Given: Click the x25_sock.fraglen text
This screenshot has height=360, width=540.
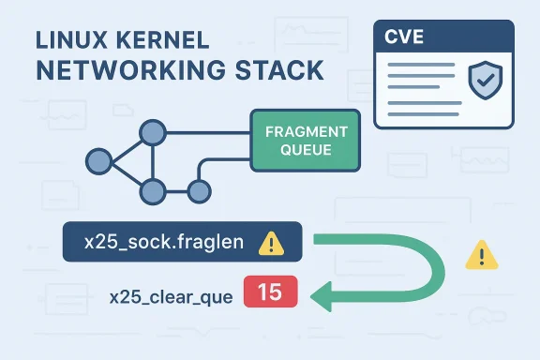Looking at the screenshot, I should tap(163, 243).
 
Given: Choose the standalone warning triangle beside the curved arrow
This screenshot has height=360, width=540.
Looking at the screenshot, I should tap(481, 253).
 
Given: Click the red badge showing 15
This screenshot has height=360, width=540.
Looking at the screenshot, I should tap(270, 292).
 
